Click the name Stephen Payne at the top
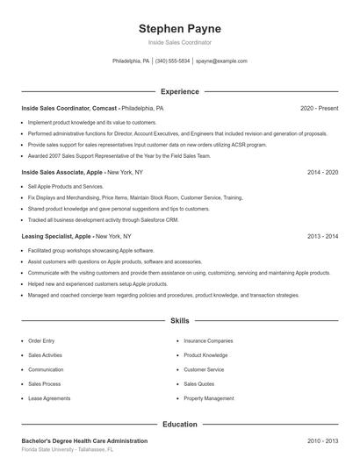tap(179, 28)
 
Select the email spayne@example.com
tap(221, 61)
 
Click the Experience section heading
tap(179, 91)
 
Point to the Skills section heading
tap(179, 321)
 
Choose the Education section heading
tap(179, 425)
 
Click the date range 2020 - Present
tap(319, 108)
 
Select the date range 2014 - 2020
tap(322, 173)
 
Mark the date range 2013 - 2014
tap(322, 237)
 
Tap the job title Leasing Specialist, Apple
tap(56, 237)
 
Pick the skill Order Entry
tap(41, 340)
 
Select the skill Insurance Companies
tap(208, 340)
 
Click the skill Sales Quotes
tap(199, 383)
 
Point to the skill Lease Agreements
tap(49, 398)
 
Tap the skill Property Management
tap(209, 398)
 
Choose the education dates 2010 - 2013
tap(322, 440)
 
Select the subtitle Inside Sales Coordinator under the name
tap(179, 42)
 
